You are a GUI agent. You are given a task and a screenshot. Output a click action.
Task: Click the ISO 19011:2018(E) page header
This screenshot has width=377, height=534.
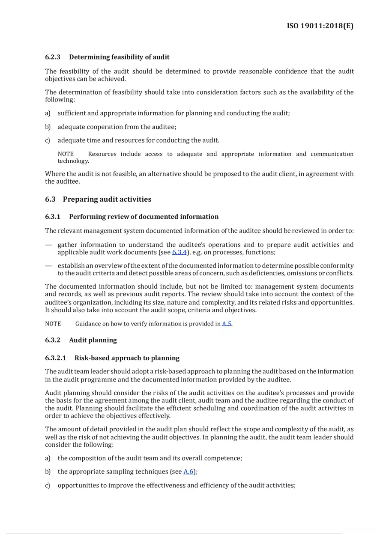click(320, 26)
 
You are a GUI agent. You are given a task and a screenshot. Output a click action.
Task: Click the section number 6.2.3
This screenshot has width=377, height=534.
click(53, 57)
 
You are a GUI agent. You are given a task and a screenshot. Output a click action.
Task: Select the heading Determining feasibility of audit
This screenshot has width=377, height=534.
click(119, 57)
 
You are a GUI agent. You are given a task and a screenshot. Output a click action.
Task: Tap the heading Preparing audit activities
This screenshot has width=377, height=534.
click(107, 199)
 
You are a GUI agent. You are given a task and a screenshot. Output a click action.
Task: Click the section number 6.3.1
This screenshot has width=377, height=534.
click(53, 217)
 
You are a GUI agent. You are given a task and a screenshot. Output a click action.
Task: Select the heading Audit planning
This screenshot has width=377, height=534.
click(93, 340)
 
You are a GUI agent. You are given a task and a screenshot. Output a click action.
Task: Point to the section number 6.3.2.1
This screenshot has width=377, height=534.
click(55, 358)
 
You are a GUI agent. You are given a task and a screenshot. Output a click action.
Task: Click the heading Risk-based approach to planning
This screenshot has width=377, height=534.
click(127, 358)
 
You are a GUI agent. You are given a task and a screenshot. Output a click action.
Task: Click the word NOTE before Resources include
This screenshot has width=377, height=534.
click(66, 154)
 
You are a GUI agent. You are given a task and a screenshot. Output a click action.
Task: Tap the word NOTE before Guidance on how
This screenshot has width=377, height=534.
click(53, 324)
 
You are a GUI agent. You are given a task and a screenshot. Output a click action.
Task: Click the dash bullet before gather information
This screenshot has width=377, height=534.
click(48, 245)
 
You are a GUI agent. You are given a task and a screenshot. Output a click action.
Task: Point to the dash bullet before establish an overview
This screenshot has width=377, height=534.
click(48, 266)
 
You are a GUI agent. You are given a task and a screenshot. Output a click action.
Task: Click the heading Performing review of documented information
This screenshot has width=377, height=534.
click(144, 217)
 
